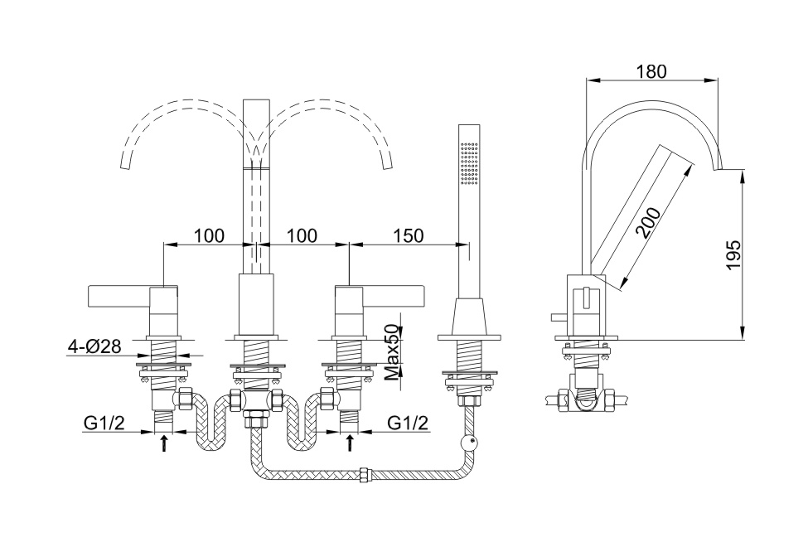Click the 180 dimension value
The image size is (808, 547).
click(651, 71)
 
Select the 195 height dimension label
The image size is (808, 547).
click(731, 254)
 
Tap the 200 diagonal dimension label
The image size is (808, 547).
click(652, 222)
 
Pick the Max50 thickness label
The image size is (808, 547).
click(392, 351)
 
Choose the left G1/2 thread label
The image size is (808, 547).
click(104, 423)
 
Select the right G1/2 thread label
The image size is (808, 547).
click(409, 423)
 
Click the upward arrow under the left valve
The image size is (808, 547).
click(164, 443)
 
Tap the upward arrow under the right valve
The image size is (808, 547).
click(350, 443)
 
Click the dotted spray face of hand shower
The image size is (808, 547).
click(469, 161)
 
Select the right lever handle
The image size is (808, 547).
click(394, 294)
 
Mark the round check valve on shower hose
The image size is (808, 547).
click(471, 443)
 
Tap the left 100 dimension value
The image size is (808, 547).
click(209, 235)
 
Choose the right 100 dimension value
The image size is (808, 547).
click(302, 235)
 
